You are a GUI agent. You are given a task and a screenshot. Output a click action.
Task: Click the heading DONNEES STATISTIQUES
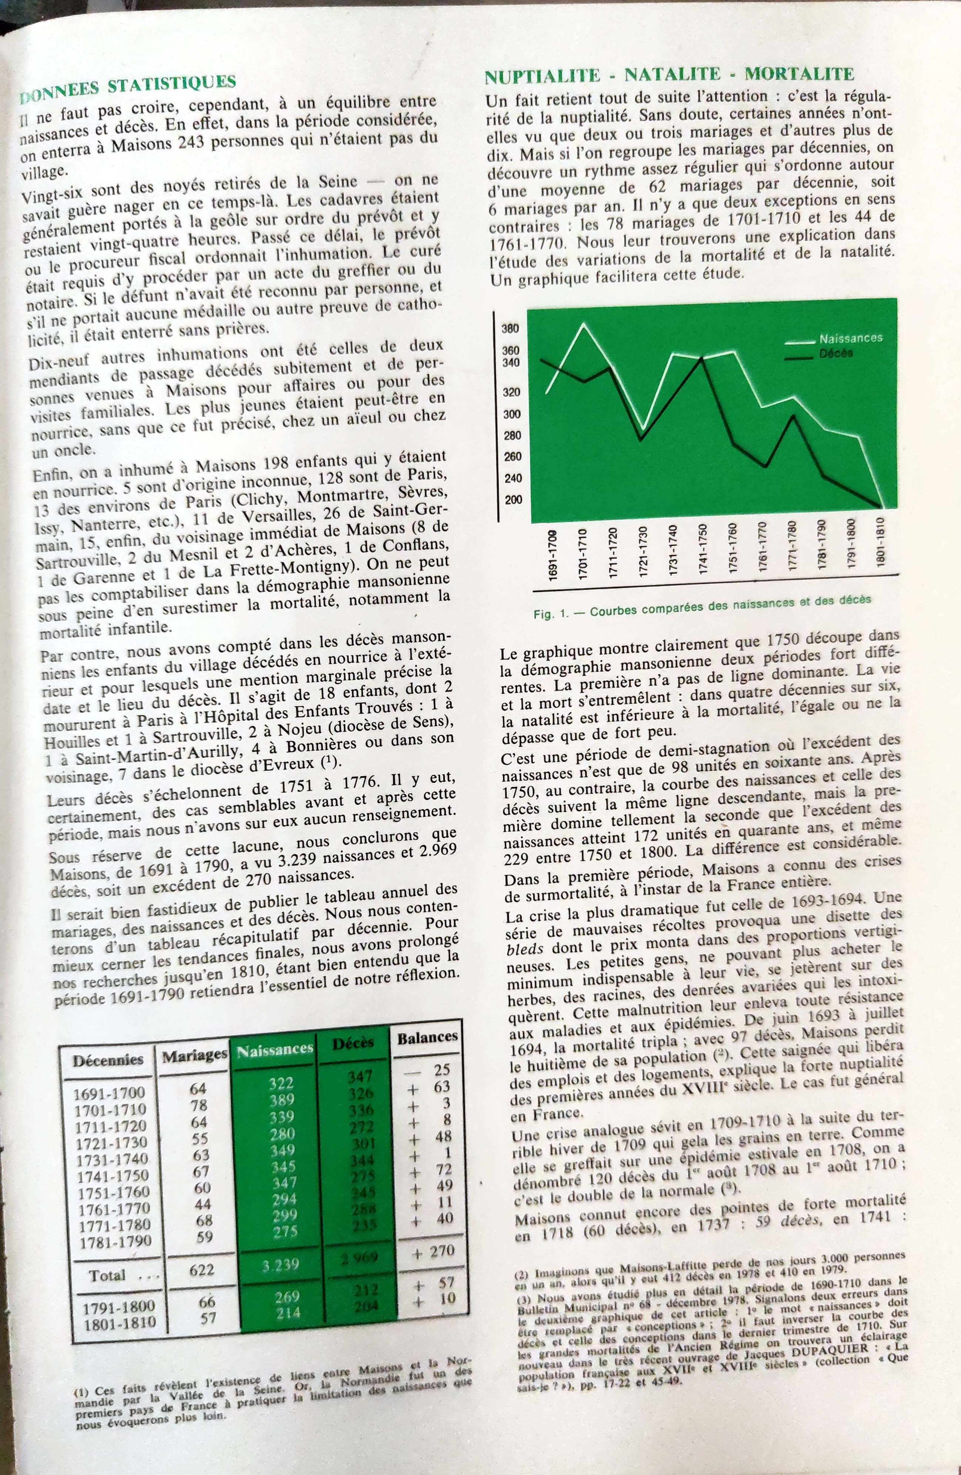[x=128, y=88]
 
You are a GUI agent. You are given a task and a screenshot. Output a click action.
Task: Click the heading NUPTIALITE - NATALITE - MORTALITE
[x=669, y=76]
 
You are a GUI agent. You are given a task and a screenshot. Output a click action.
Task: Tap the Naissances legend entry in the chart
[x=850, y=338]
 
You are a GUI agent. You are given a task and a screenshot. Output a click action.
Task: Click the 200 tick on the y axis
[x=513, y=500]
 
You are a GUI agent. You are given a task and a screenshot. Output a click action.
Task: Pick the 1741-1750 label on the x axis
[x=703, y=549]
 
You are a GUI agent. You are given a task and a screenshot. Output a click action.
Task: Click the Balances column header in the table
[x=427, y=1037]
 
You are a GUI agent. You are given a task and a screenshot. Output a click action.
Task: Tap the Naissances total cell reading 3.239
[x=280, y=1264]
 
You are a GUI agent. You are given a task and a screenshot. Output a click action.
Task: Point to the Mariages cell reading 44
[x=203, y=1204]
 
